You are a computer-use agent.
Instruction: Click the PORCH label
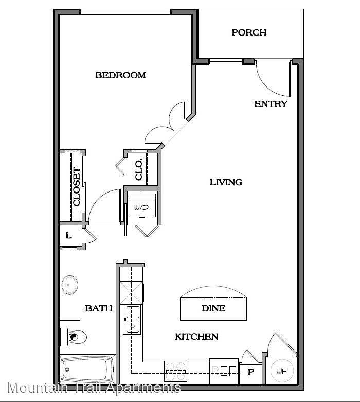pyautogui.click(x=249, y=32)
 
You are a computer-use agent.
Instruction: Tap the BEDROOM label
pyautogui.click(x=120, y=75)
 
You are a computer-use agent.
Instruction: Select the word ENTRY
pyautogui.click(x=271, y=104)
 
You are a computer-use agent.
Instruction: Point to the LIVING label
pyautogui.click(x=226, y=182)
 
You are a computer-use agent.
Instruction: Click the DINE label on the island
pyautogui.click(x=213, y=308)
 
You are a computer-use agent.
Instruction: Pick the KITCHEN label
pyautogui.click(x=196, y=337)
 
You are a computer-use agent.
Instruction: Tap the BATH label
pyautogui.click(x=99, y=308)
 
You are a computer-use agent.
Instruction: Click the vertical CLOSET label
pyautogui.click(x=77, y=187)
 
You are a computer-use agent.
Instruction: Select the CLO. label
pyautogui.click(x=139, y=170)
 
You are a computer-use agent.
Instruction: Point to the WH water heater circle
pyautogui.click(x=282, y=371)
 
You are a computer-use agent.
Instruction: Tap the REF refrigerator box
pyautogui.click(x=224, y=371)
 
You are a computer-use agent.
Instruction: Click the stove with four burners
pyautogui.click(x=175, y=371)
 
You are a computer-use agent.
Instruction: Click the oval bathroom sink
pyautogui.click(x=70, y=285)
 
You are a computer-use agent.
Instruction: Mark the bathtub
pyautogui.click(x=87, y=369)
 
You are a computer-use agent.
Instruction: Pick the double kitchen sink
pyautogui.click(x=132, y=320)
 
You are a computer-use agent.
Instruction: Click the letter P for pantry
pyautogui.click(x=251, y=372)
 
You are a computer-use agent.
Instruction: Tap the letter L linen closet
pyautogui.click(x=69, y=235)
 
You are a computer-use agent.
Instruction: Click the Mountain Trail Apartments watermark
pyautogui.click(x=94, y=388)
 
